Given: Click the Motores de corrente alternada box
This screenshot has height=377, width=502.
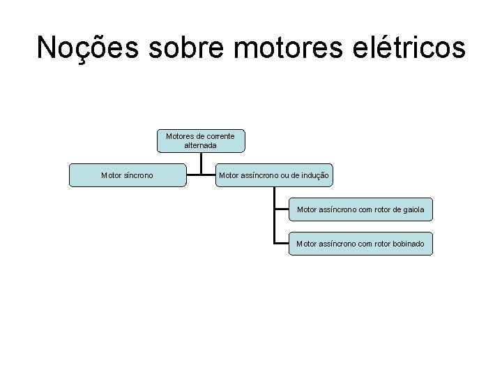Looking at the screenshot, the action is (201, 140).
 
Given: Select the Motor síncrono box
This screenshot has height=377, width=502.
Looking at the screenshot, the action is (128, 176).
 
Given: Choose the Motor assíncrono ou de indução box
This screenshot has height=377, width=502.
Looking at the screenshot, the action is (274, 176).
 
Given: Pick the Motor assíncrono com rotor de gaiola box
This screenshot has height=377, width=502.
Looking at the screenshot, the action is (360, 209).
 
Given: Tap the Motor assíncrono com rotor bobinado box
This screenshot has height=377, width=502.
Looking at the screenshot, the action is (360, 244).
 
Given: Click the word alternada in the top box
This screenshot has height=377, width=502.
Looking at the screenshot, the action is (201, 145).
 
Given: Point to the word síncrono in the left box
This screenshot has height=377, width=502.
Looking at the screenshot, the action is (139, 176).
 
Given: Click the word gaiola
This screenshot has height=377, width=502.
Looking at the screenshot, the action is (412, 209).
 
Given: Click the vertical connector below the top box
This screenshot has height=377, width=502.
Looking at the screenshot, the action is (201, 163).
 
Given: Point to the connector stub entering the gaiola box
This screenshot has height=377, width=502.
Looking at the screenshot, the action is (282, 209).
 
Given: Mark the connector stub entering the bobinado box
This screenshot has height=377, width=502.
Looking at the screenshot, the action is (282, 244).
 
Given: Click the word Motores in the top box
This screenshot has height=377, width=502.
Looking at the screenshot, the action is (180, 135).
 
